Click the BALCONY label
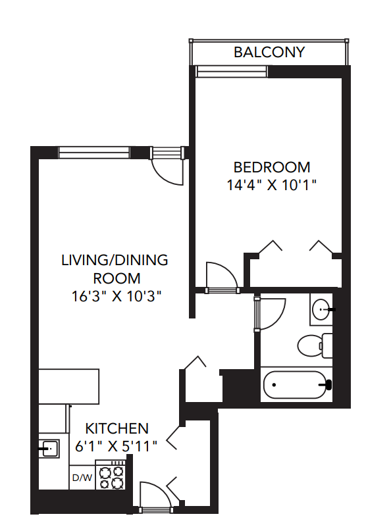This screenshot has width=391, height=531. click(269, 52)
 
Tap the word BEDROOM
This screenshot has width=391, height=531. click(272, 167)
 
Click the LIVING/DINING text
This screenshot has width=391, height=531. click(115, 260)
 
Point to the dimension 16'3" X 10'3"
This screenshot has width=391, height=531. click(117, 296)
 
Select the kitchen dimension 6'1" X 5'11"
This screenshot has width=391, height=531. click(116, 446)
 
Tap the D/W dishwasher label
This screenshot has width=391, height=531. click(82, 477)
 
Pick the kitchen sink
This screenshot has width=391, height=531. click(49, 449)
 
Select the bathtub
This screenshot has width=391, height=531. click(294, 385)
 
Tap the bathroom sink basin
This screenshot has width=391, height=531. click(323, 308)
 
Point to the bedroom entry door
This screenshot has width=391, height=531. click(222, 276)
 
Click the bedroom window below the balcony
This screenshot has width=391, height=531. click(231, 72)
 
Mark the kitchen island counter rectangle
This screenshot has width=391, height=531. click(68, 386)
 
